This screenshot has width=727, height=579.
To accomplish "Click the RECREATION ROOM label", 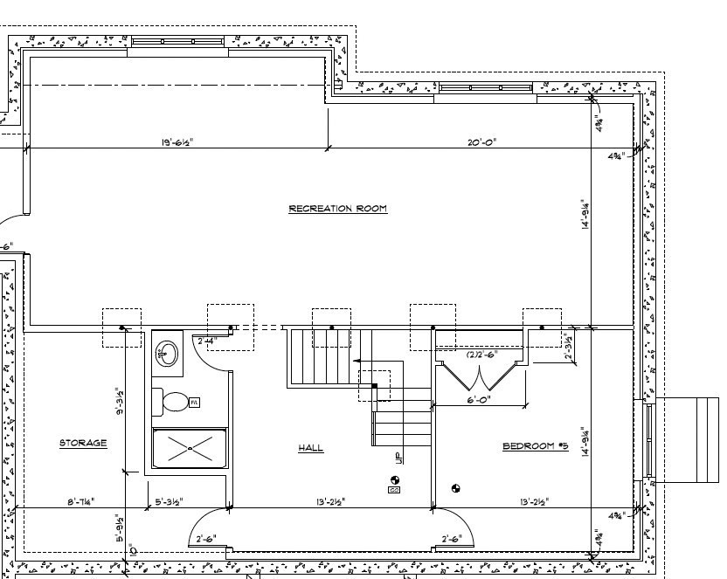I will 337,209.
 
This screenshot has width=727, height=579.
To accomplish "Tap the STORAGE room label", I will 83,443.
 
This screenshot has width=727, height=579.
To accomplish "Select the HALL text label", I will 310,448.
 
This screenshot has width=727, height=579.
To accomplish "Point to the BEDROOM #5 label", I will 535,446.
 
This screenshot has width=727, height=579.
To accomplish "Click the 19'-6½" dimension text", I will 177,141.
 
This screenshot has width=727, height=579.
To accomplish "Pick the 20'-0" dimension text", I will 481,141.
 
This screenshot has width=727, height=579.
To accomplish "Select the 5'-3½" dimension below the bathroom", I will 171,501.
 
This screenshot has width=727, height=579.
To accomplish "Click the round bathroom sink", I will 167,353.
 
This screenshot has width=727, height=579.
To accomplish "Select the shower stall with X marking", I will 190,448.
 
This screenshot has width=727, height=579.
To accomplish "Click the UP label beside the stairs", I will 398,457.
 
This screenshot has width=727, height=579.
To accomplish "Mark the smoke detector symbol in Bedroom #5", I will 454,487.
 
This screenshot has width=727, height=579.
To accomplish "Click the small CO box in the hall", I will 394,490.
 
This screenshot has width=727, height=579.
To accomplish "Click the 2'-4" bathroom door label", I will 206,341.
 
